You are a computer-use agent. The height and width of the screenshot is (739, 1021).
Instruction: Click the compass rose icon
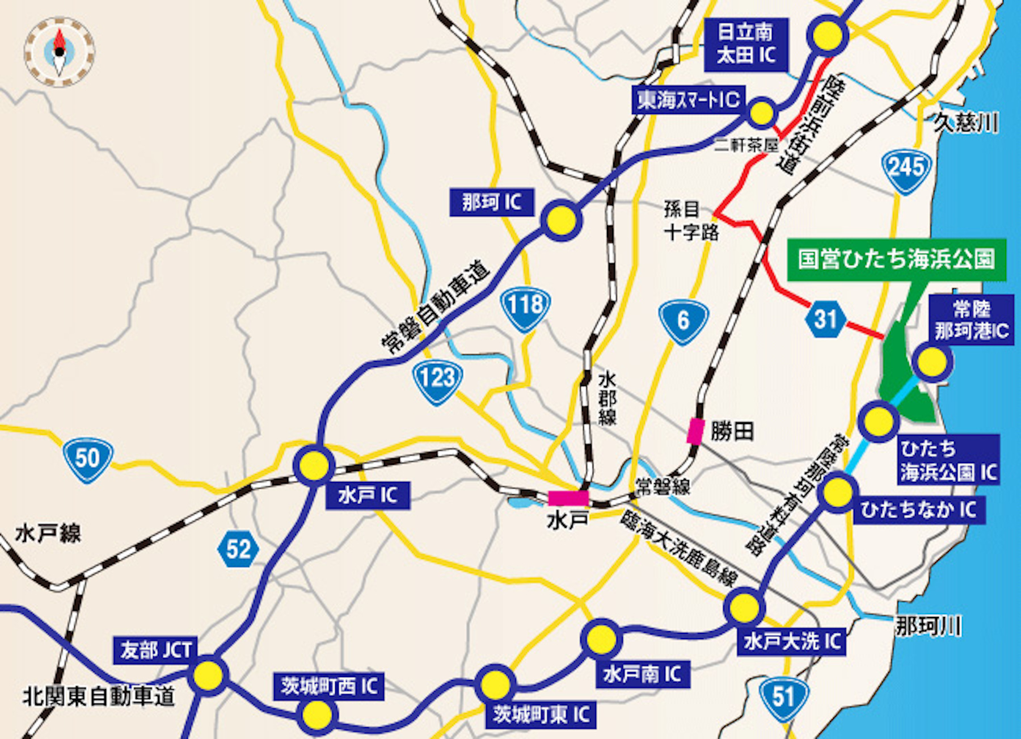pyautogui.click(x=60, y=52)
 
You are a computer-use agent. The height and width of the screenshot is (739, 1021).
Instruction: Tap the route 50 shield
pyautogui.click(x=88, y=459)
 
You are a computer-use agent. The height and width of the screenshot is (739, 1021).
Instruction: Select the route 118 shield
pyautogui.click(x=526, y=307)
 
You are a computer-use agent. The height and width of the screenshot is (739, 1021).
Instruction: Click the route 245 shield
pyautogui.click(x=906, y=170)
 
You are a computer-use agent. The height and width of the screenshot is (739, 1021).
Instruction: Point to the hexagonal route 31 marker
pyautogui.click(x=825, y=320)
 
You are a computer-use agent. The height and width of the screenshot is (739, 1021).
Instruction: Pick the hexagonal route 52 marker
pyautogui.click(x=238, y=549)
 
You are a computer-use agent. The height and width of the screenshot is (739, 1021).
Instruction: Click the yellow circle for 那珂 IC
pyautogui.click(x=561, y=220)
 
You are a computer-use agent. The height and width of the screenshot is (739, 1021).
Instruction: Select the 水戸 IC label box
pyautogui.click(x=368, y=496)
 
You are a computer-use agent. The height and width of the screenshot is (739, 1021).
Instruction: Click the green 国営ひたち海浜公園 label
pyautogui.click(x=896, y=259)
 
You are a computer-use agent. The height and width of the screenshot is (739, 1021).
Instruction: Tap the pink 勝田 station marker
pyautogui.click(x=695, y=431)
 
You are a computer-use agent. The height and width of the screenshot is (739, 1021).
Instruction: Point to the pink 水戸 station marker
pyautogui.click(x=568, y=498)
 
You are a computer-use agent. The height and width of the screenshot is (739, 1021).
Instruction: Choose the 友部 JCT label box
pyautogui.click(x=155, y=650)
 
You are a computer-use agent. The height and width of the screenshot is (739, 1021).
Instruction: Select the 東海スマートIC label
pyautogui.click(x=688, y=100)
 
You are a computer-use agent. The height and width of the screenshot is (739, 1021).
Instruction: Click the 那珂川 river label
pyautogui.click(x=928, y=627)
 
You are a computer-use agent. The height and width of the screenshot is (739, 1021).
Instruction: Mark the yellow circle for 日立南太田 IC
pyautogui.click(x=828, y=36)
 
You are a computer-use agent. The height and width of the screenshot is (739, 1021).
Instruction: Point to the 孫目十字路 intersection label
pyautogui.click(x=690, y=220)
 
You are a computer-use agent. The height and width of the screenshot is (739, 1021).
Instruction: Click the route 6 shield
pyautogui.click(x=683, y=321)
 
